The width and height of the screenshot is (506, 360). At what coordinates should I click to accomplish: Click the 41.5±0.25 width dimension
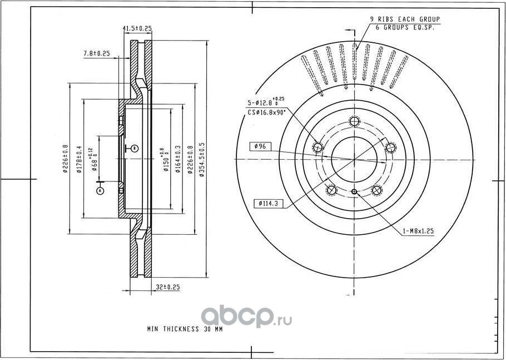coord(137,28)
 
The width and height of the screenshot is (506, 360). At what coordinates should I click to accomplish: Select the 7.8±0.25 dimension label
coord(96,53)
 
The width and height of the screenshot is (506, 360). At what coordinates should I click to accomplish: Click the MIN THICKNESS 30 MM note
coord(185,329)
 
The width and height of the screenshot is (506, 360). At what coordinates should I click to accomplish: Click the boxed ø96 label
coord(261,146)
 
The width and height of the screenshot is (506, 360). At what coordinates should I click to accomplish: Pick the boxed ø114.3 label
coord(268,204)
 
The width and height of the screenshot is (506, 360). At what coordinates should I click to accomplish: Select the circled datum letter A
coord(100,190)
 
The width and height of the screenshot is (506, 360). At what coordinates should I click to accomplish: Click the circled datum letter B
coord(135,148)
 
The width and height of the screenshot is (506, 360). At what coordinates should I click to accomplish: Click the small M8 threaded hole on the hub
coord(354,192)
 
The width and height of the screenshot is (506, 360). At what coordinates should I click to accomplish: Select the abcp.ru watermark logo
coord(245,316)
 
